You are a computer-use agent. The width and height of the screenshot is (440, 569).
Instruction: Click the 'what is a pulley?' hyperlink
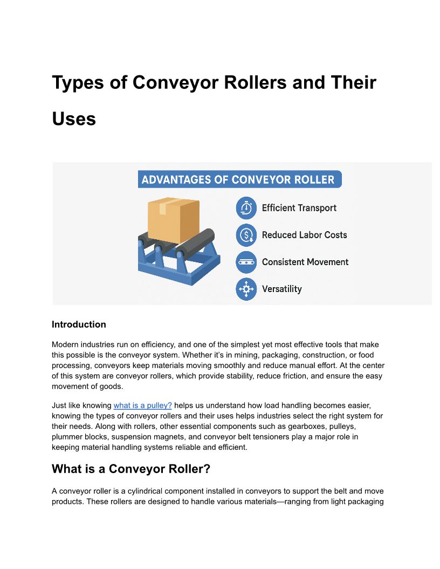142,405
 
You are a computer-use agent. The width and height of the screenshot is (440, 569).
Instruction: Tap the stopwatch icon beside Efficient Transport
246,208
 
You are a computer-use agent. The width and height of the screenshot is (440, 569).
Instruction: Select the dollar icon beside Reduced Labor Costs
246,235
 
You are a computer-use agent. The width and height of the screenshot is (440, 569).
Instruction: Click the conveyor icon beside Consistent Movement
246,262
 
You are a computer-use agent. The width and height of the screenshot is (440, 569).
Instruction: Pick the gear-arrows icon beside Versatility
246,289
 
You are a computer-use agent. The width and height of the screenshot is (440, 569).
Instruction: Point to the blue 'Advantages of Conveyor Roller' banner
239,179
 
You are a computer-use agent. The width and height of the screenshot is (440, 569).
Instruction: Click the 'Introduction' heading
79,324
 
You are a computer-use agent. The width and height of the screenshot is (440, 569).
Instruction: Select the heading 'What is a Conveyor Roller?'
130,469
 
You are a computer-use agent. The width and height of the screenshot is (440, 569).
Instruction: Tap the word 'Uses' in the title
74,119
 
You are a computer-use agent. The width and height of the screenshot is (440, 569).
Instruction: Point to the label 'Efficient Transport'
299,208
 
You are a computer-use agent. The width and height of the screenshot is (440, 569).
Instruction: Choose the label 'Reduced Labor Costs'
304,235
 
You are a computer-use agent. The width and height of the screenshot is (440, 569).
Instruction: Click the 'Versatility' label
281,289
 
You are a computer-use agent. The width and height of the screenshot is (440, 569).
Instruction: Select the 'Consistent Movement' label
305,262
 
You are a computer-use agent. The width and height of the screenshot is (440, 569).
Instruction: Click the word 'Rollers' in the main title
259,83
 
